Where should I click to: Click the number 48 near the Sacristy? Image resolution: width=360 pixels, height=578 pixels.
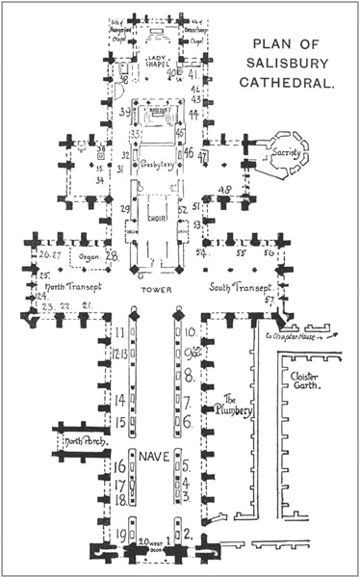[x=224, y=189]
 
